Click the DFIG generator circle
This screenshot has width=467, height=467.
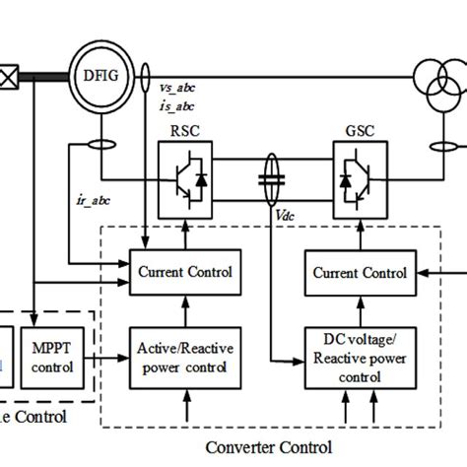(x=99, y=74)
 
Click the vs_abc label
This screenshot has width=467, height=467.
(x=178, y=88)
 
